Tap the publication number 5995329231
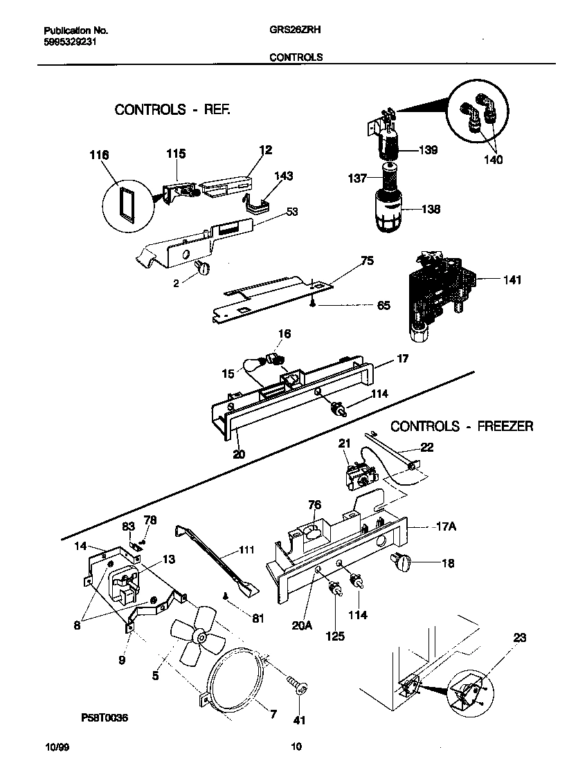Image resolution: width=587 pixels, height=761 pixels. [68, 41]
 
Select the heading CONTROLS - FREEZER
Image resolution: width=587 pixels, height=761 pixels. [462, 426]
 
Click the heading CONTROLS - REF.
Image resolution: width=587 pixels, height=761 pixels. [172, 109]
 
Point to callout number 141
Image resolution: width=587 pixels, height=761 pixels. [512, 280]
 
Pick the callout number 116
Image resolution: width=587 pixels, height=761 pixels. [100, 156]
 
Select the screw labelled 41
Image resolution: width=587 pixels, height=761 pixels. [299, 687]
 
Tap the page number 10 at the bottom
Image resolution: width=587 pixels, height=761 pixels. [296, 746]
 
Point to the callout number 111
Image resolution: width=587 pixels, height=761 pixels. [246, 550]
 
